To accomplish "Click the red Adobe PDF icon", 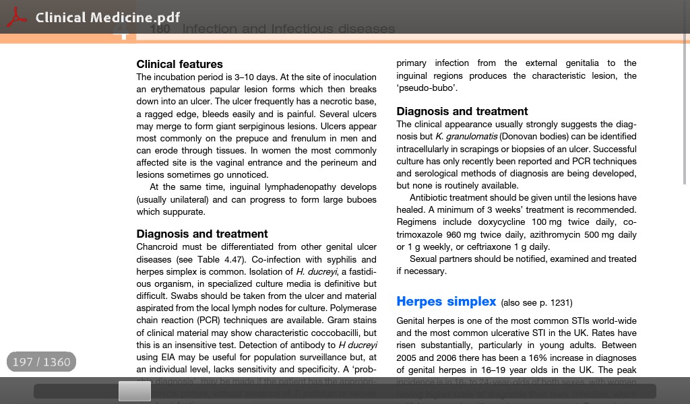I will click(x=16, y=18).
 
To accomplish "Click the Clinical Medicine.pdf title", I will click(x=108, y=18).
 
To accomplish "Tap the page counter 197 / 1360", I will click(x=42, y=362).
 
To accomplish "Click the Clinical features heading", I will click(x=179, y=65).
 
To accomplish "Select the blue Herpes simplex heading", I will click(x=446, y=302).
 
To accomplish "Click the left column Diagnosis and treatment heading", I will click(x=202, y=234).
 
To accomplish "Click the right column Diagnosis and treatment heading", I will click(x=462, y=112).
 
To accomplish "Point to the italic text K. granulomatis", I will click(x=466, y=137).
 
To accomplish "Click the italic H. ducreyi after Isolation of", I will click(x=316, y=272).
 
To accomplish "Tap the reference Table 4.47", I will click(x=220, y=260).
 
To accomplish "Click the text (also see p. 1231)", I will click(x=536, y=303).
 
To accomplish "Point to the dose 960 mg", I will click(x=461, y=235).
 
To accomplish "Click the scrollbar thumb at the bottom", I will click(x=135, y=391).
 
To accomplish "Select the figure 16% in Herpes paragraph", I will click(x=538, y=358).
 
